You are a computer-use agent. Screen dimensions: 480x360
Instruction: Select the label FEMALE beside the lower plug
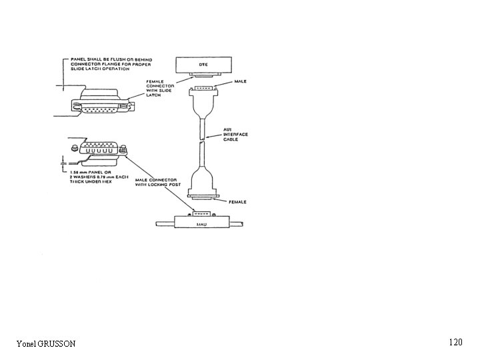238,201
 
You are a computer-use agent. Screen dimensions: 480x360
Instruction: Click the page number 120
455,342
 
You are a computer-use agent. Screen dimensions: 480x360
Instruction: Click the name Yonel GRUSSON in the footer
46,343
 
